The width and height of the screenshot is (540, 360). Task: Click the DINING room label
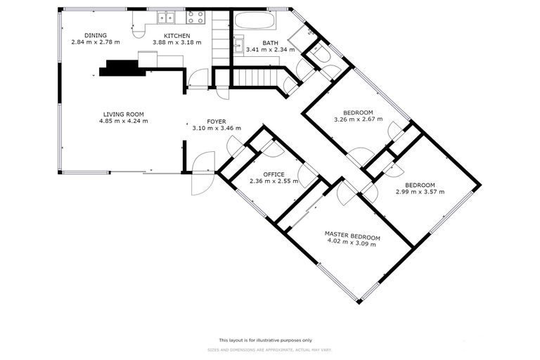95,35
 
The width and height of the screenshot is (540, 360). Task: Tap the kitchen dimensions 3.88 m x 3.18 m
177,42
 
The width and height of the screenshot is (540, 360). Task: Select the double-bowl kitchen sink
167,18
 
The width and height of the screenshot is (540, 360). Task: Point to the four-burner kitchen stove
196,18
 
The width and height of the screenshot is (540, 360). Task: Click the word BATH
261,43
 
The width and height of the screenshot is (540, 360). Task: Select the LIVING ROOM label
123,114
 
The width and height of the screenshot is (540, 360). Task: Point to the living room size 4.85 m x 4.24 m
123,121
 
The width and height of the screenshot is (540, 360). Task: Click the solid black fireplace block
122,67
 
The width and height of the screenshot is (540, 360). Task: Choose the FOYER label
216,122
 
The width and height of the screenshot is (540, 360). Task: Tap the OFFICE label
274,174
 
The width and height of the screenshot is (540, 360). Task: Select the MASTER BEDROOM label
352,233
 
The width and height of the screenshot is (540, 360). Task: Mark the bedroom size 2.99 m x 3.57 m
420,192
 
